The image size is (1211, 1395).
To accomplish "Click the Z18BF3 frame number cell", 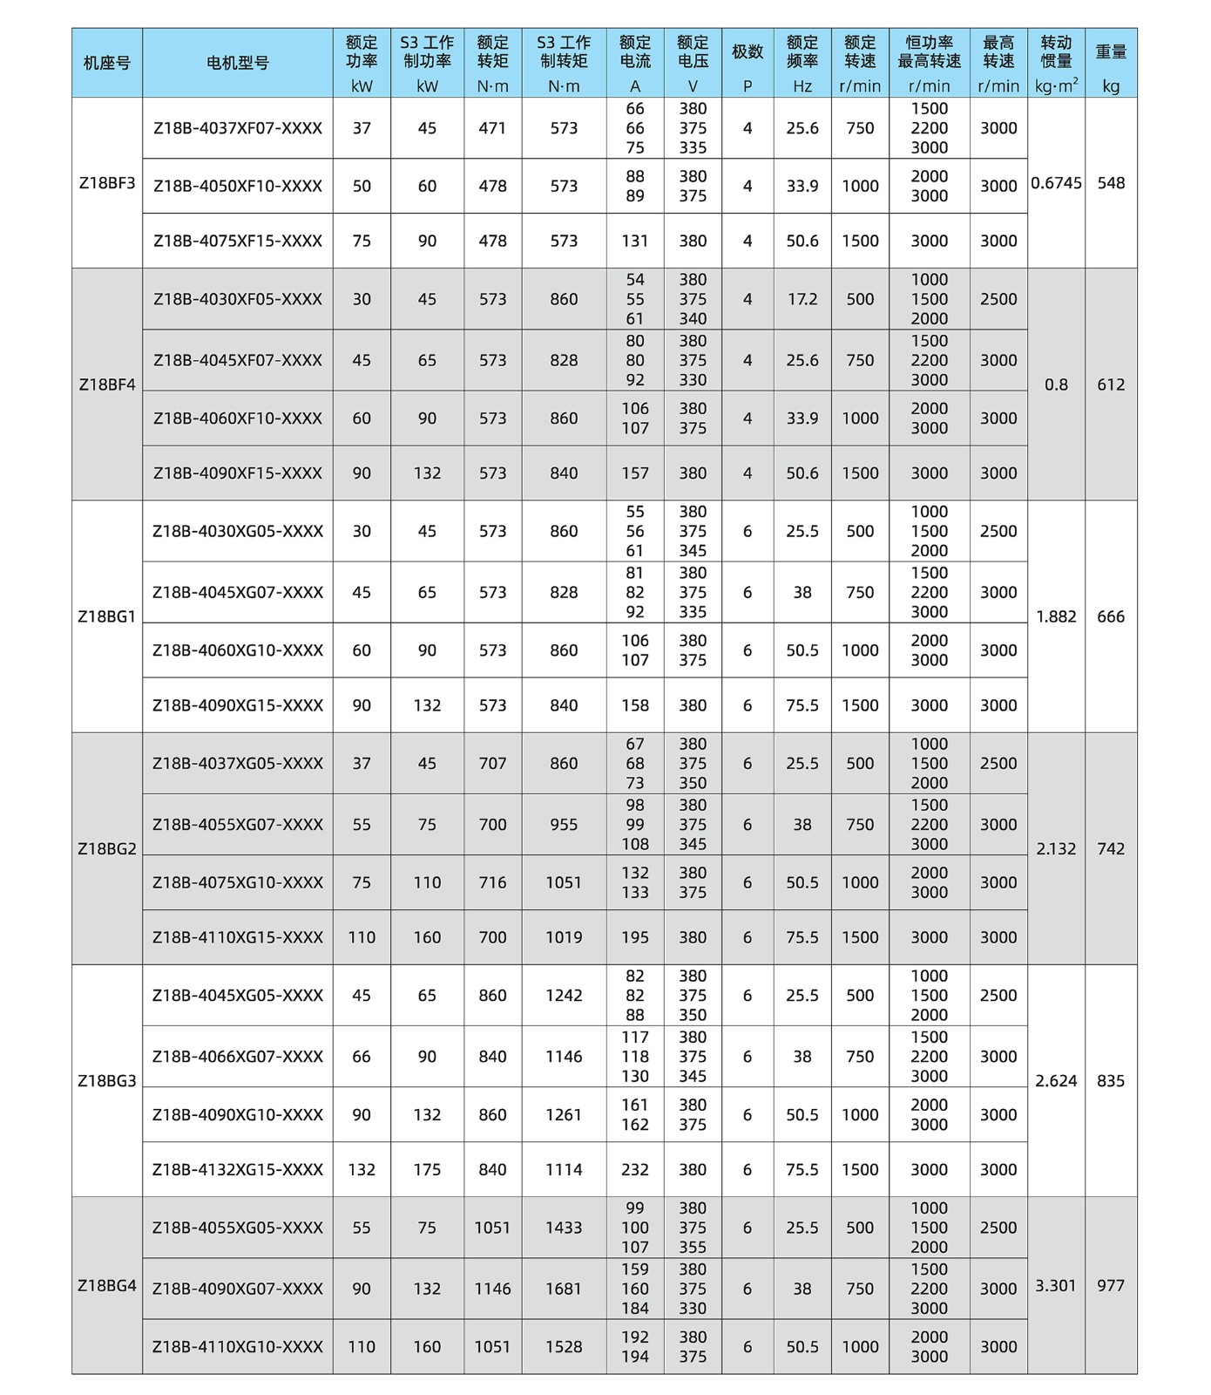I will coord(106,183).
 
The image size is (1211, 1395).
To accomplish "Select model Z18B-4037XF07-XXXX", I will coord(237,128).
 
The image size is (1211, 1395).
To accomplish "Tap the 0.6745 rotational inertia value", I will coord(1056,183).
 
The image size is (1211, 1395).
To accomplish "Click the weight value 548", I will coord(1111,183).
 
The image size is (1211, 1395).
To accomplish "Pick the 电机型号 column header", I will coord(237,63).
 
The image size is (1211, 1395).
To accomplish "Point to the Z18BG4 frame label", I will coord(106,1285).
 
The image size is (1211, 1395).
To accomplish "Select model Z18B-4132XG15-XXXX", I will coord(237,1169).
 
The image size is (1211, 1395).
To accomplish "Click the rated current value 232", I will coord(634,1169).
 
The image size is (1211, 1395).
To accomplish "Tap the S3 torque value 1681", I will coord(564,1289).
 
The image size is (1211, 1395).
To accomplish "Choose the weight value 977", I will coord(1111,1285).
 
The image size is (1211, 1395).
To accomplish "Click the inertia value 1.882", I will coord(1056,616).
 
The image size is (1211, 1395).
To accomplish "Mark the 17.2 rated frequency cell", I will coord(802,299).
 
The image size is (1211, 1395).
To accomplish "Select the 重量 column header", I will coord(1111,52).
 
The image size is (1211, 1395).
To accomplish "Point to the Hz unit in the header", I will coord(802,86).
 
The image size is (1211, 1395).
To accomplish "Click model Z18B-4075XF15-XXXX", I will coord(237,241).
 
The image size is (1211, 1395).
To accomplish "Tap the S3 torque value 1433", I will coord(564,1228).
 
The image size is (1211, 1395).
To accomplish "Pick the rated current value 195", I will coord(634,937).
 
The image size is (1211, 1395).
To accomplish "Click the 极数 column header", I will coord(747,52).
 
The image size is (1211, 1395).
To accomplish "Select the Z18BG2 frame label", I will coord(106,848).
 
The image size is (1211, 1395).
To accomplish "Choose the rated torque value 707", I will coord(492,763).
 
